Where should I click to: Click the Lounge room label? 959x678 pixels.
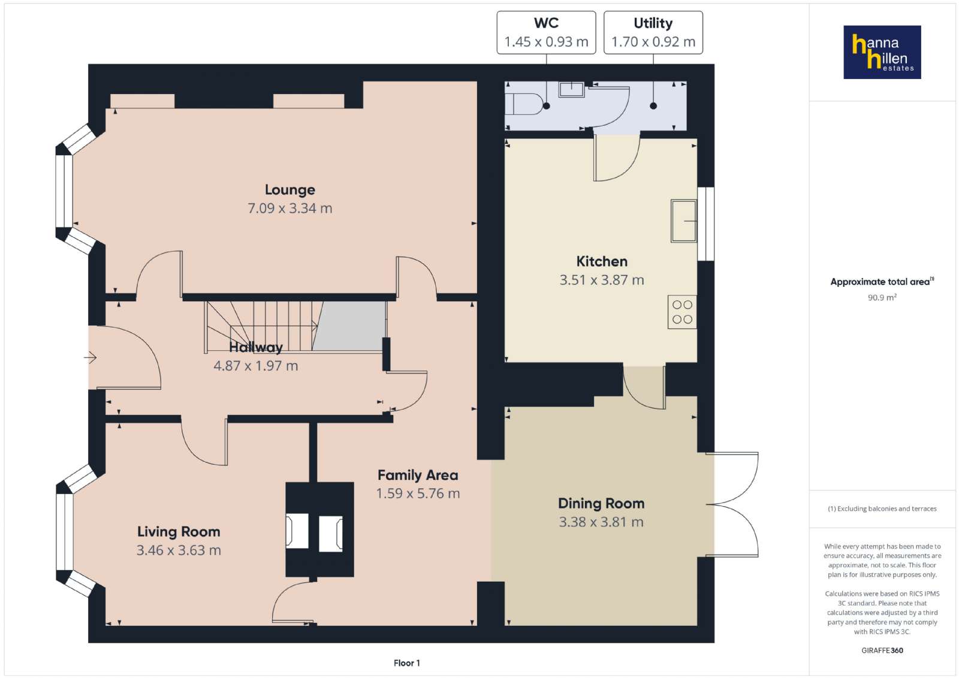click(x=290, y=189)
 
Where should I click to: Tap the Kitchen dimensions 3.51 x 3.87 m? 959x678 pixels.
click(x=602, y=280)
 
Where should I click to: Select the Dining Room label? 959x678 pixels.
click(x=601, y=503)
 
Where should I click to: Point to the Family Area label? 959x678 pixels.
click(x=418, y=475)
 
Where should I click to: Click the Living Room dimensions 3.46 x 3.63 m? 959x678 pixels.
click(x=179, y=550)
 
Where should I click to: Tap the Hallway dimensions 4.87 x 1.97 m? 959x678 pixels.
click(x=255, y=366)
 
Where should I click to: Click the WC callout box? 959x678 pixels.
click(x=546, y=32)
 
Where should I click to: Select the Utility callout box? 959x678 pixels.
click(x=653, y=32)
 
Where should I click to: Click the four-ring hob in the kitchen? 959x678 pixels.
click(x=682, y=312)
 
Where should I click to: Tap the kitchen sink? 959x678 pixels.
click(x=684, y=221)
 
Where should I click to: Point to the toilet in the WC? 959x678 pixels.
click(x=522, y=104)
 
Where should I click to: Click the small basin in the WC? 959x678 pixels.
click(x=572, y=89)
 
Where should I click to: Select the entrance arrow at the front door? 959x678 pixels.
click(x=90, y=357)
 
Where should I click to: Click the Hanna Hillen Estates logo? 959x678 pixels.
click(x=882, y=52)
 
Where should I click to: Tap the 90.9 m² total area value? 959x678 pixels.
click(x=882, y=297)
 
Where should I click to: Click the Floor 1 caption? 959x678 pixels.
click(x=407, y=663)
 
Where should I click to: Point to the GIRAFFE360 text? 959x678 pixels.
click(x=882, y=650)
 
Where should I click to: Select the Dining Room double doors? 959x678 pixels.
click(x=732, y=505)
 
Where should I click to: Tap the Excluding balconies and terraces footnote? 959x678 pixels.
click(x=882, y=509)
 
